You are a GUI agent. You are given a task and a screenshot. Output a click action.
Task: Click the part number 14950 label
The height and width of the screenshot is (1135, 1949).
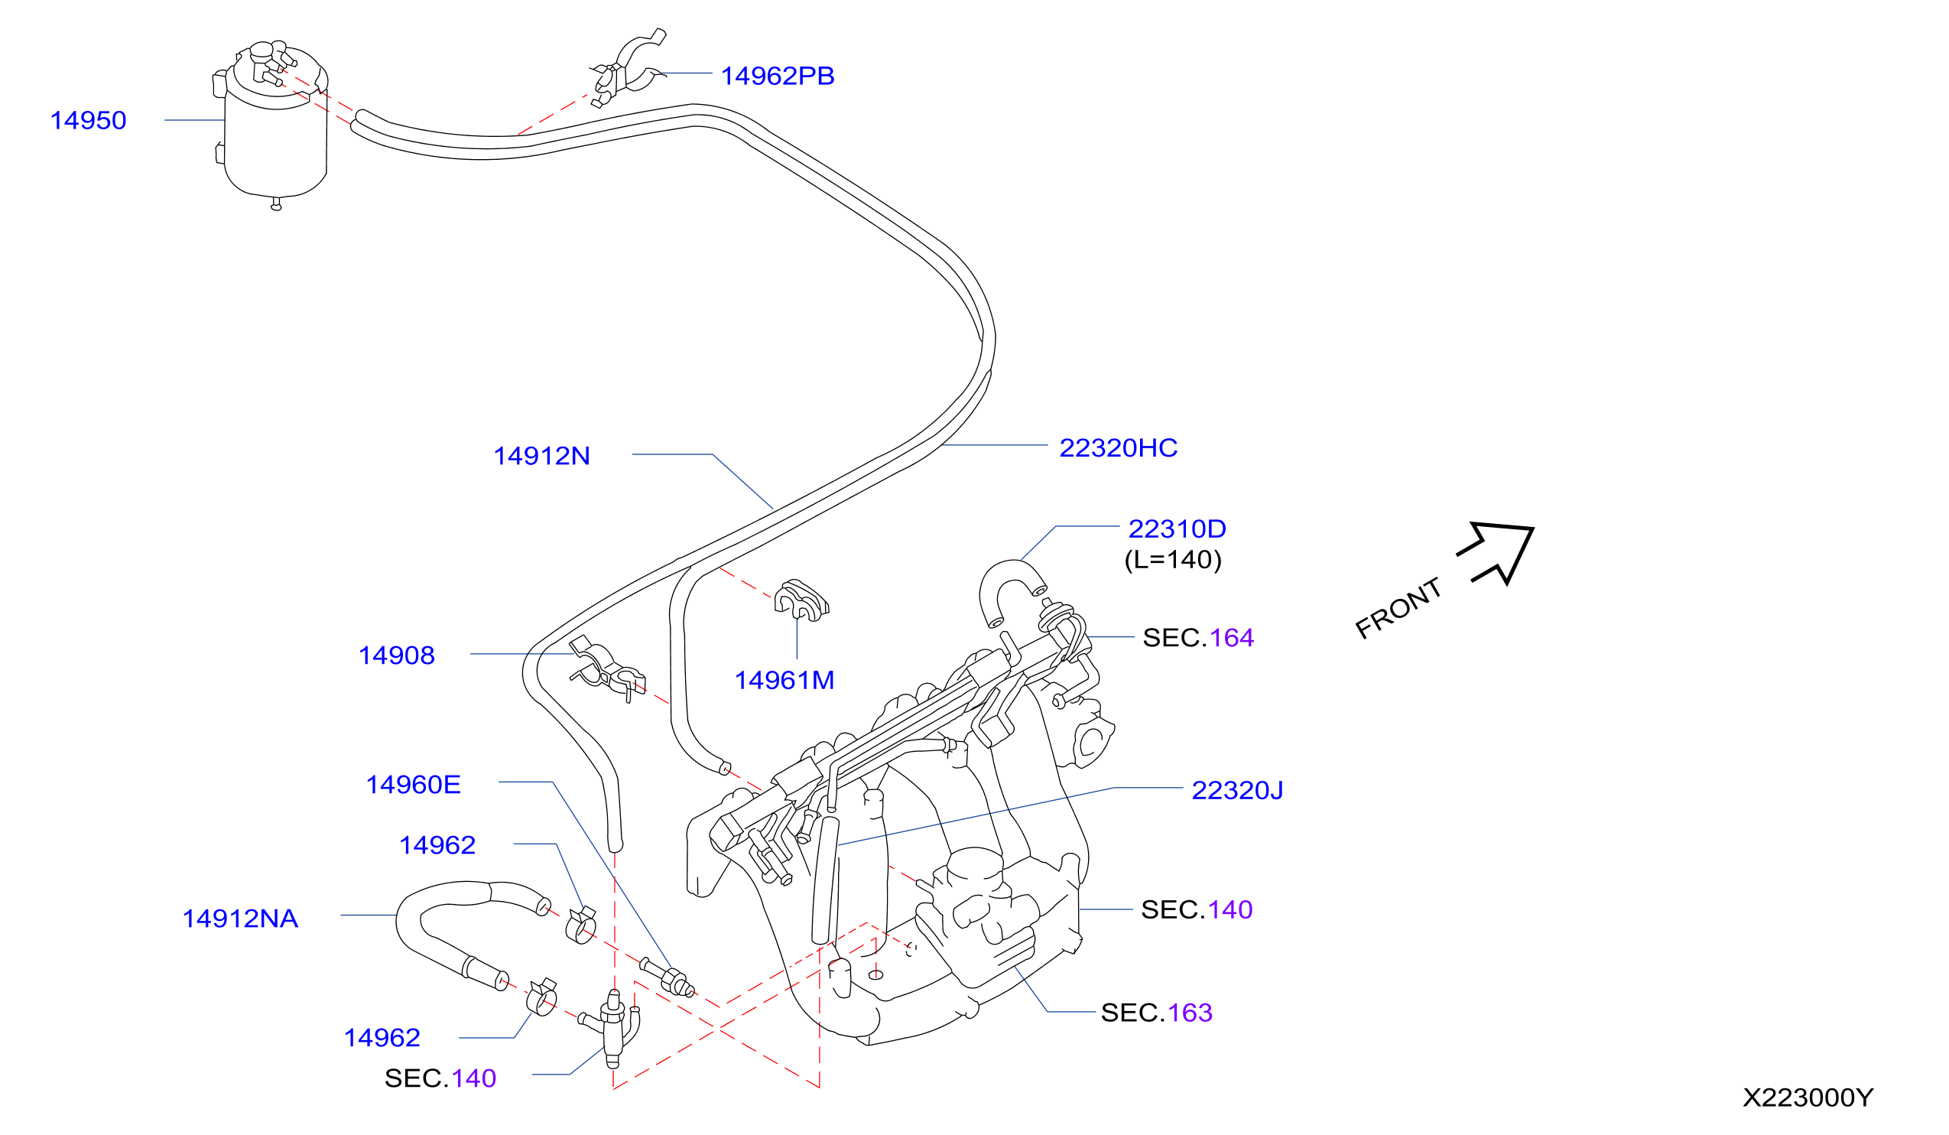[x=88, y=121]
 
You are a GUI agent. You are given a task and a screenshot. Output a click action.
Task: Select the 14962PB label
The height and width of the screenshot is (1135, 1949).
[x=778, y=76]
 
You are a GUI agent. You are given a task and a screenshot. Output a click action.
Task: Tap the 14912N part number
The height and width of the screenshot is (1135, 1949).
[x=542, y=456]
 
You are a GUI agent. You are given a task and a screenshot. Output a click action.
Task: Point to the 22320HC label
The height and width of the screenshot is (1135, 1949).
[x=1119, y=447]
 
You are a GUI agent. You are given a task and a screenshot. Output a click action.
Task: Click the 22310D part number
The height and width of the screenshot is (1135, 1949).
[x=1178, y=528]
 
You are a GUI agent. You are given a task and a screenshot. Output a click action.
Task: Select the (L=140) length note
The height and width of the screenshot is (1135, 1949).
[x=1173, y=559]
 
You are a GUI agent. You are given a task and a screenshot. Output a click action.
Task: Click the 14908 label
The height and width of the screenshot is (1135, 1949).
[x=397, y=655]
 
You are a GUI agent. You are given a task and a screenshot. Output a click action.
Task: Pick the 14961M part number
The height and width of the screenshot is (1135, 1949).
[x=784, y=680]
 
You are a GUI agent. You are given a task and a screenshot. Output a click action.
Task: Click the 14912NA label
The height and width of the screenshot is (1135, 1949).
[x=240, y=919]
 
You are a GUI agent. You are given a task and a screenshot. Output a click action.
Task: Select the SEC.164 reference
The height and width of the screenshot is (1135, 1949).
[x=1198, y=638]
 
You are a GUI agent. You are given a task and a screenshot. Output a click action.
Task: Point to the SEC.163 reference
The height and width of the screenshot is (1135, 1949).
[x=1156, y=1013]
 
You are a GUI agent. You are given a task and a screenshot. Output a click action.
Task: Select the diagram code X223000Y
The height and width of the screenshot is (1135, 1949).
[x=1808, y=1098]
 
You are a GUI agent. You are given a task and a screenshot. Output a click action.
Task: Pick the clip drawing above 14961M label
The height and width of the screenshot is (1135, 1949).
[x=801, y=600]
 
